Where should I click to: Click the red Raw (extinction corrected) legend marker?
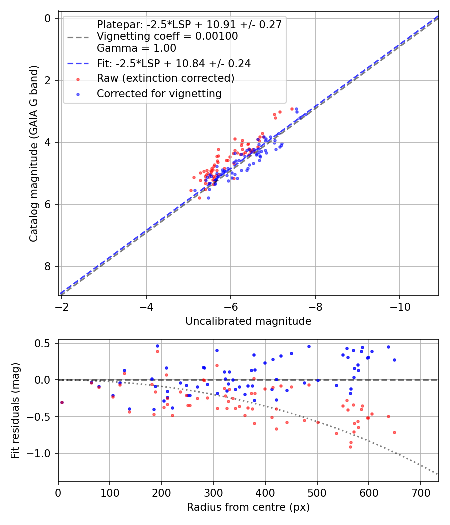click(x=78, y=78)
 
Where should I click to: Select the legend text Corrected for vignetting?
click(x=159, y=93)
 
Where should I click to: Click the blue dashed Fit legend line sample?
click(x=78, y=63)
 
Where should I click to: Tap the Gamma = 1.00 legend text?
click(x=136, y=48)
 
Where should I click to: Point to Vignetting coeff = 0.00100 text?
click(x=167, y=36)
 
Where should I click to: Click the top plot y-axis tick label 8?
click(x=48, y=266)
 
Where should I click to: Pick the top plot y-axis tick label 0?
click(x=48, y=18)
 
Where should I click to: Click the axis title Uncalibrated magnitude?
click(x=248, y=321)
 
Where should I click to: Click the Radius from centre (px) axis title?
click(x=248, y=507)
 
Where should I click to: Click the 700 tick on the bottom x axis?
click(x=420, y=492)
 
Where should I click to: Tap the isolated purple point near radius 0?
click(x=62, y=402)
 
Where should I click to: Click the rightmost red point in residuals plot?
click(x=394, y=432)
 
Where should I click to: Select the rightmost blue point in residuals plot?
click(x=394, y=360)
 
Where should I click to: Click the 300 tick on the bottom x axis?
click(x=213, y=492)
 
